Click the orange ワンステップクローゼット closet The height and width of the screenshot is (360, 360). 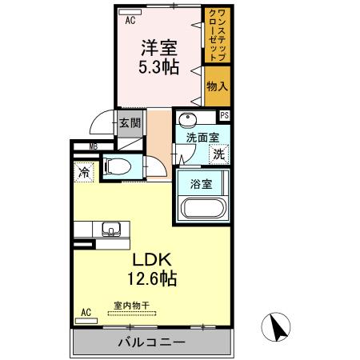click(215, 35)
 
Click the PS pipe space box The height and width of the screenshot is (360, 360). click(225, 115)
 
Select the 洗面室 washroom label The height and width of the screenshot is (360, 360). click(200, 137)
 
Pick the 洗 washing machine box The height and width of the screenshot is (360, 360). click(218, 154)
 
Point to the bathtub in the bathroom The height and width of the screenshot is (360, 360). click(203, 208)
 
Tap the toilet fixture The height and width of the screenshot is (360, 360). click(118, 168)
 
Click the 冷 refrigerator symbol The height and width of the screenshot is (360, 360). click(83, 171)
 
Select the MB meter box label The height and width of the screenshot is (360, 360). click(93, 146)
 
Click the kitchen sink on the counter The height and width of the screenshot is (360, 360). click(110, 229)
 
